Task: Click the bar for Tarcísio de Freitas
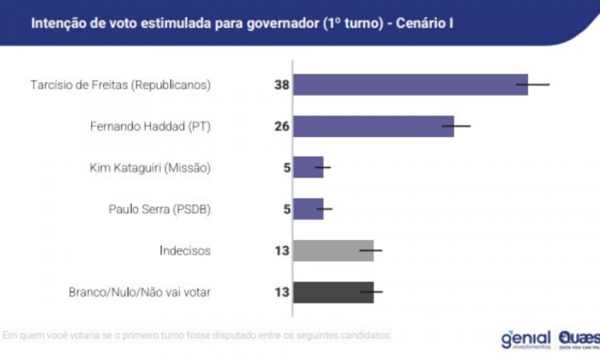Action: (x=410, y=84)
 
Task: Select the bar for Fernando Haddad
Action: (x=374, y=126)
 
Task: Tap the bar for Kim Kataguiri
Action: (x=308, y=167)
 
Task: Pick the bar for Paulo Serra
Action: (x=308, y=209)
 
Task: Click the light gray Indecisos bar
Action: (x=334, y=250)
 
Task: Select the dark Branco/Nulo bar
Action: (x=334, y=292)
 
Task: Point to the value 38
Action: (x=281, y=84)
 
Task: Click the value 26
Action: (x=281, y=126)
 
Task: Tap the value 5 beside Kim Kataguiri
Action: (x=284, y=167)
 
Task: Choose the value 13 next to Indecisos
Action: (x=281, y=250)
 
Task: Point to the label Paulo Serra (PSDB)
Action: (x=159, y=209)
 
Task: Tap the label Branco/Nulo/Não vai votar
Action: (x=139, y=292)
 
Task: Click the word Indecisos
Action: (x=185, y=250)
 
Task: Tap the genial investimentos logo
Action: (x=526, y=338)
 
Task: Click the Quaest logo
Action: (x=577, y=338)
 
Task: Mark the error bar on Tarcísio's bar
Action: (x=533, y=84)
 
